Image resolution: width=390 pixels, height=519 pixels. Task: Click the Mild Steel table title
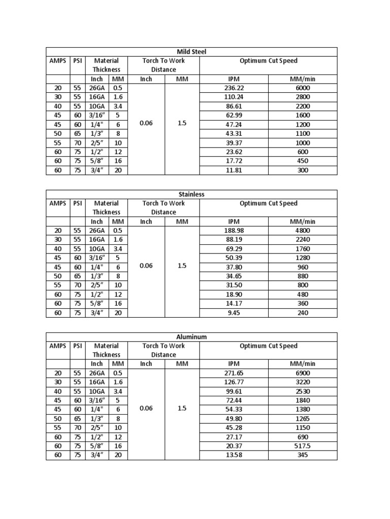click(x=191, y=52)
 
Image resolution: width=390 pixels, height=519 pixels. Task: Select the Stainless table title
click(x=191, y=195)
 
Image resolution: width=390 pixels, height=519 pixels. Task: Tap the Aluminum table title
click(x=191, y=337)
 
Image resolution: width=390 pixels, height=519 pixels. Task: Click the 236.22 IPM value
click(x=234, y=88)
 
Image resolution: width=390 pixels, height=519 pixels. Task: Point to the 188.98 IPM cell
click(x=234, y=230)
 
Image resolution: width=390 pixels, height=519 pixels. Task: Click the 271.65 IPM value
click(x=234, y=373)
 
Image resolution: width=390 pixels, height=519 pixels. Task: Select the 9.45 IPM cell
click(x=234, y=313)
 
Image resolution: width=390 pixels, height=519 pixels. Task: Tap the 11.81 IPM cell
click(x=234, y=170)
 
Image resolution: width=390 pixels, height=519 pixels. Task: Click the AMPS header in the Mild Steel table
click(x=57, y=61)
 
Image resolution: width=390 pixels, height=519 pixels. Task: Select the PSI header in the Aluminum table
click(x=77, y=346)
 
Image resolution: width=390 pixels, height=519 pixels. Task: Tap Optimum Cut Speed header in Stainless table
click(x=268, y=204)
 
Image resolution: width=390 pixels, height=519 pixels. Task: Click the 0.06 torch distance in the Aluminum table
click(x=146, y=409)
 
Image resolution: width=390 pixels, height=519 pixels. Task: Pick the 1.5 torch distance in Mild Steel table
click(x=182, y=124)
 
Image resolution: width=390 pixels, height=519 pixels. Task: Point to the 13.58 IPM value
click(x=234, y=455)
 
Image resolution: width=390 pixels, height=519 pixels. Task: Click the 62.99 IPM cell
click(x=234, y=115)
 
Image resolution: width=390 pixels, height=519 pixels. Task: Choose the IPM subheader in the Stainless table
click(x=234, y=221)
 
